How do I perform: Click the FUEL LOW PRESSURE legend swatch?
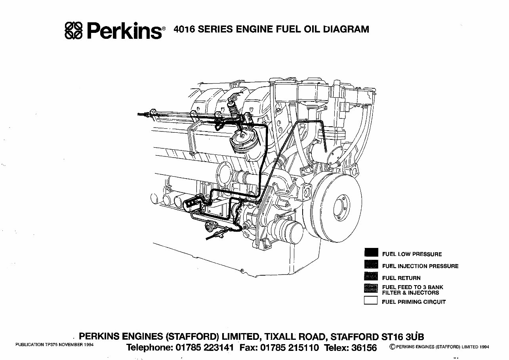[371, 253]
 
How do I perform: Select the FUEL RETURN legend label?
[401, 278]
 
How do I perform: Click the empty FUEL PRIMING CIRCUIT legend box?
[371, 301]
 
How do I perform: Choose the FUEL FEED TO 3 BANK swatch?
[371, 289]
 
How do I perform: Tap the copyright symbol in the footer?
[392, 347]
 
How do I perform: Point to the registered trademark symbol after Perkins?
[165, 29]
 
